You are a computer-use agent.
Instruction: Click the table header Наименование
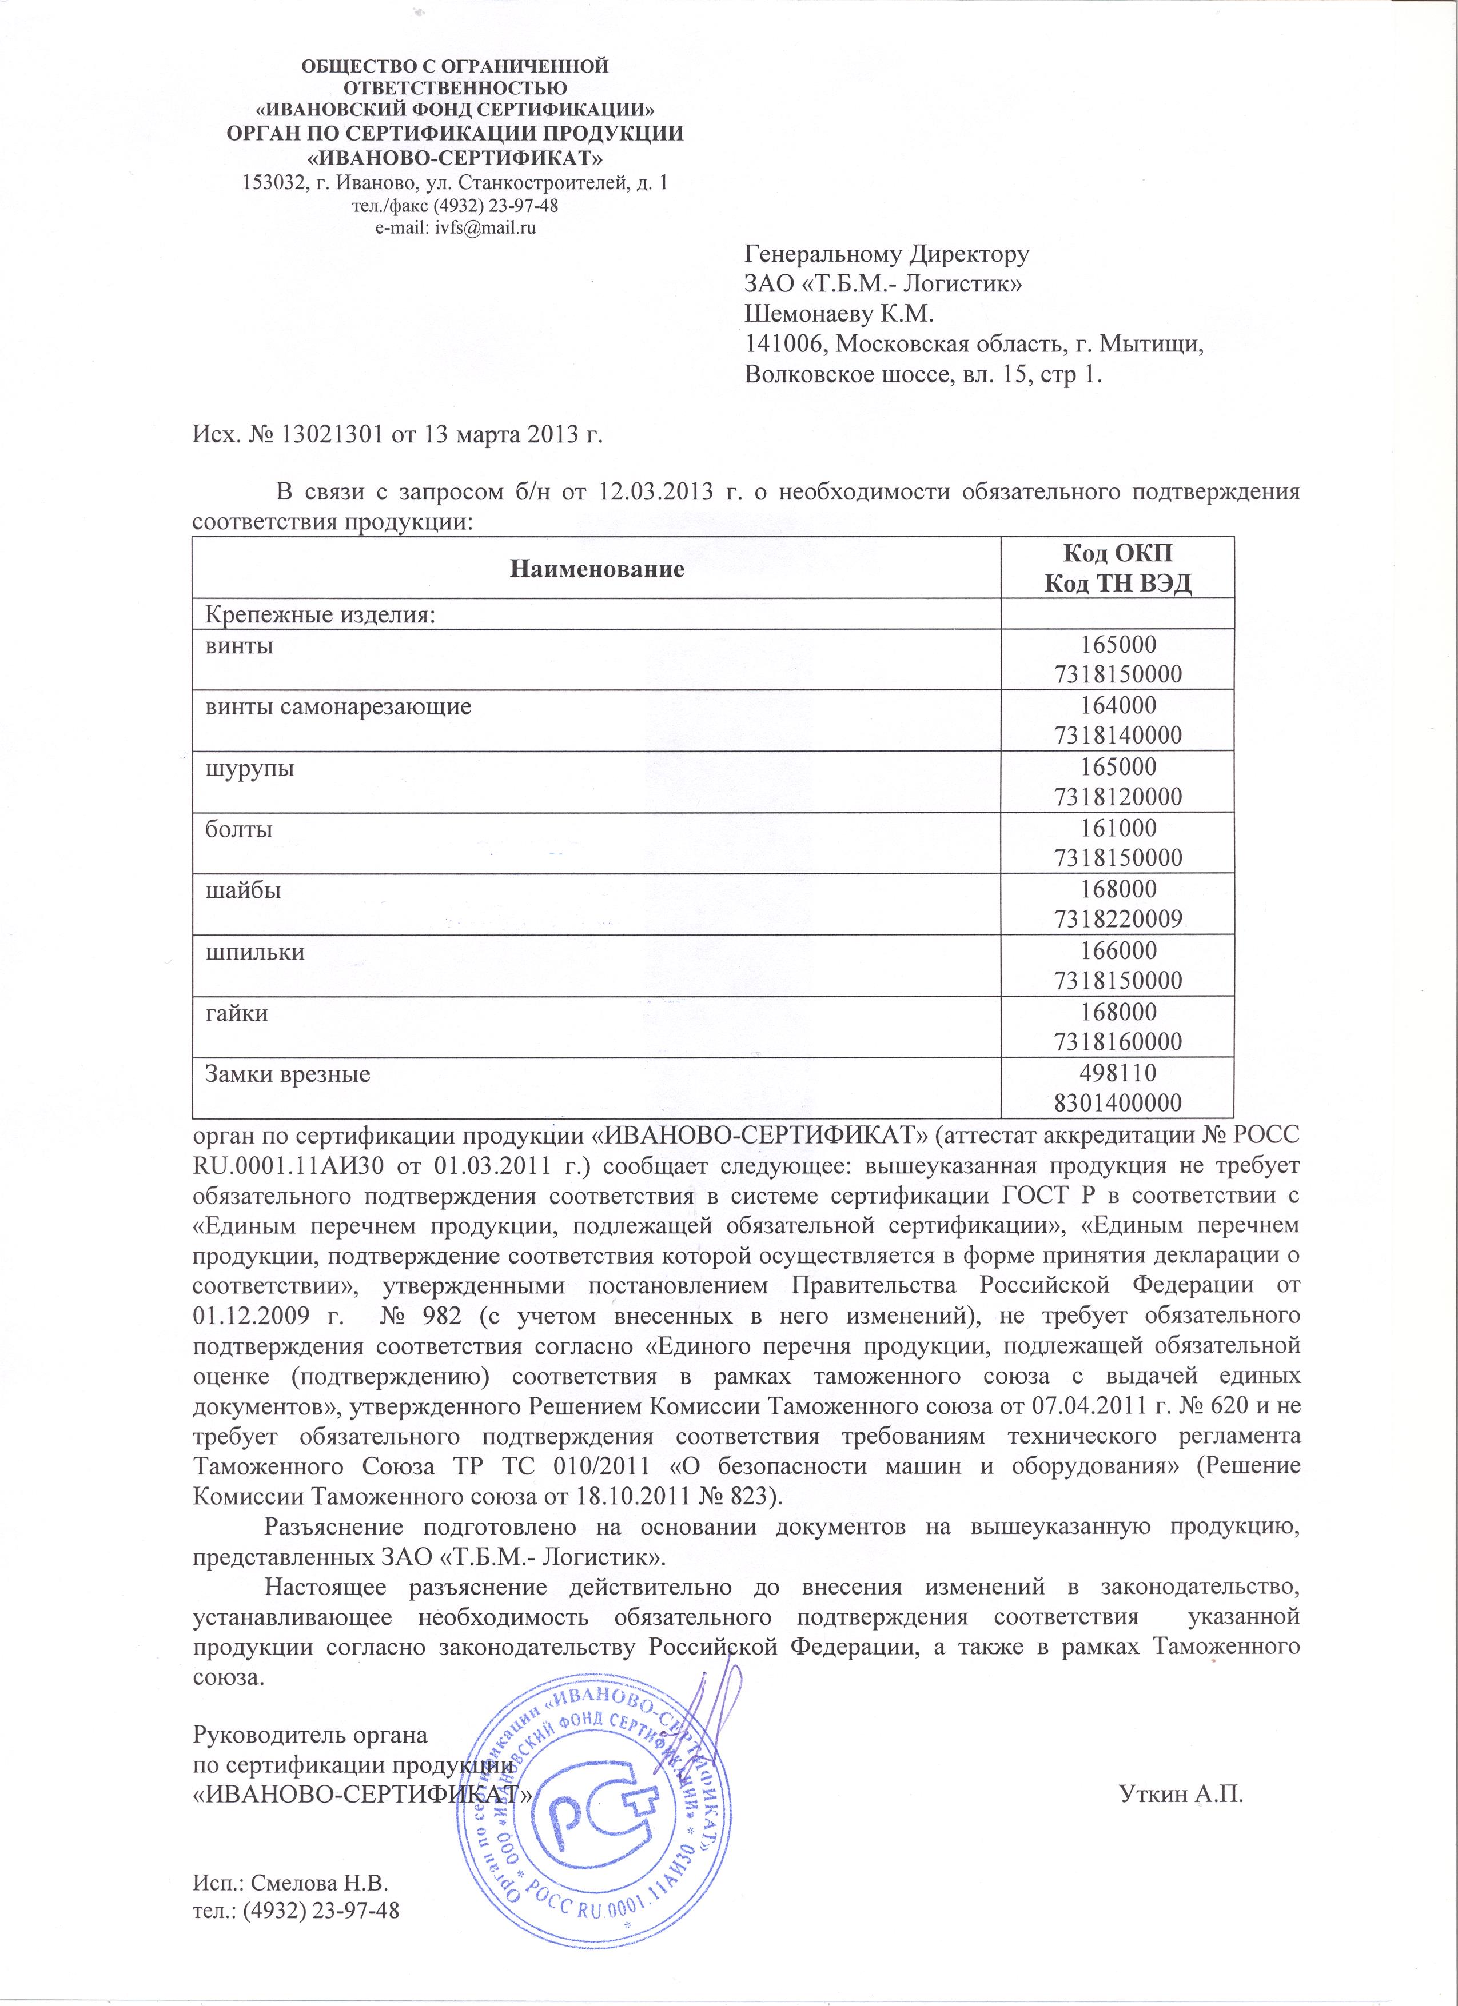pyautogui.click(x=597, y=569)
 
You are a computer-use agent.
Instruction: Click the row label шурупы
pyautogui.click(x=250, y=768)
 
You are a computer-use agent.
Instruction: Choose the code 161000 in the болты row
pyautogui.click(x=1118, y=829)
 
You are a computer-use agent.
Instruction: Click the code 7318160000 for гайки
pyautogui.click(x=1118, y=1042)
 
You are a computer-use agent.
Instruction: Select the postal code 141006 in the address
pyautogui.click(x=783, y=345)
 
